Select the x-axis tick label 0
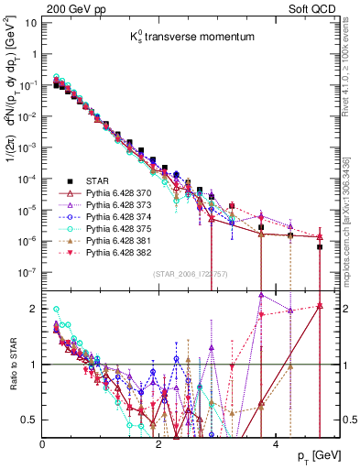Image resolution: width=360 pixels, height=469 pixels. (42, 443)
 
